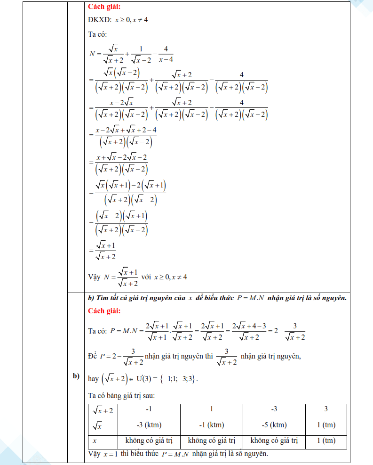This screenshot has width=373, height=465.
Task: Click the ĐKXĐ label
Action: pos(98,21)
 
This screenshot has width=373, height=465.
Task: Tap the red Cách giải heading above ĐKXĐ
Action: pos(104,7)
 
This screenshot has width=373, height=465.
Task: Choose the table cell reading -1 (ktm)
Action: pos(211,425)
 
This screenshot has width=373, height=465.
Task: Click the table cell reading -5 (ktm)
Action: pos(274,425)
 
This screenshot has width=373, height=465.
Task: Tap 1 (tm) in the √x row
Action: pos(326,425)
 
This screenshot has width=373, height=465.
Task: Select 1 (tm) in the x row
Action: pos(326,441)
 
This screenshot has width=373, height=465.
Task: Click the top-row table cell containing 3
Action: pos(326,409)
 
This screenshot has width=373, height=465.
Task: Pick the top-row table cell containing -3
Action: pos(274,409)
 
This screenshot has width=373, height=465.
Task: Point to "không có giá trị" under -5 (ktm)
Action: pos(274,441)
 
